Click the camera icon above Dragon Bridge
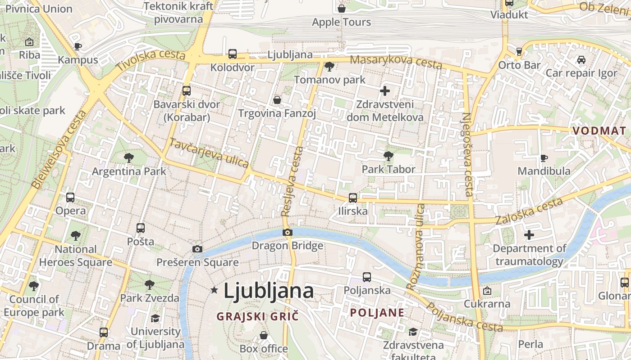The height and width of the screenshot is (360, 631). pyautogui.click(x=288, y=233)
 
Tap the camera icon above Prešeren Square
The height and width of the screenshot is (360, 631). pyautogui.click(x=197, y=249)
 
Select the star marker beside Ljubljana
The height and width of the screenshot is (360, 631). pyautogui.click(x=214, y=291)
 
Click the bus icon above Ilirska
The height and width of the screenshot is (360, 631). pyautogui.click(x=352, y=198)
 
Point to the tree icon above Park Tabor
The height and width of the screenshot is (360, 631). pyautogui.click(x=388, y=156)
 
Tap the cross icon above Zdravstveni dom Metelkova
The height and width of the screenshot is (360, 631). pyautogui.click(x=384, y=91)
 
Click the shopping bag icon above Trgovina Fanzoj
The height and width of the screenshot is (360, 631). pyautogui.click(x=277, y=99)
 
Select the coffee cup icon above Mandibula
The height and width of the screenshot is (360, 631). pyautogui.click(x=544, y=158)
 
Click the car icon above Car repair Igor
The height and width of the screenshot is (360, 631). pyautogui.click(x=581, y=60)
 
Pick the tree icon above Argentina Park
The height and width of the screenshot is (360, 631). pyautogui.click(x=129, y=158)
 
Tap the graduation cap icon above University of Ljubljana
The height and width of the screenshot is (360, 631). pyautogui.click(x=155, y=318)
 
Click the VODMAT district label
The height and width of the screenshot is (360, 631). pyautogui.click(x=599, y=130)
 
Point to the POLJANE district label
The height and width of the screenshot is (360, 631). pyautogui.click(x=377, y=313)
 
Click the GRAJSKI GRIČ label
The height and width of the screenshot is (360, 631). pyautogui.click(x=257, y=316)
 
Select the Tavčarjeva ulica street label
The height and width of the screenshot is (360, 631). pyautogui.click(x=209, y=153)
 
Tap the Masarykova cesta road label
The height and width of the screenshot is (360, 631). pyautogui.click(x=396, y=62)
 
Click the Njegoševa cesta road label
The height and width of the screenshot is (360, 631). pyautogui.click(x=467, y=154)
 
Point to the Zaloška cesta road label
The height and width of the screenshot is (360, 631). pyautogui.click(x=529, y=211)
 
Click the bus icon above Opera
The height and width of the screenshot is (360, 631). pyautogui.click(x=70, y=197)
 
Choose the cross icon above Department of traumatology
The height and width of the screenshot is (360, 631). pyautogui.click(x=529, y=235)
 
